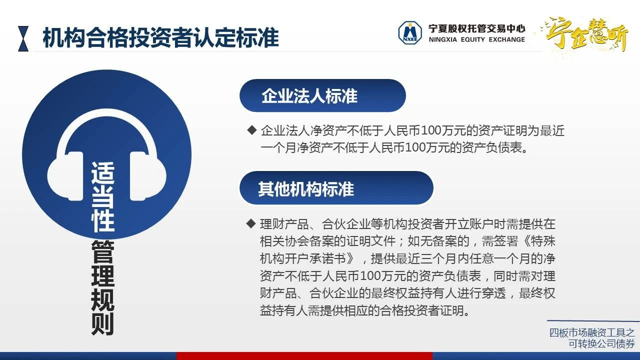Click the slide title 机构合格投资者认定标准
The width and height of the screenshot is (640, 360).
point(160,37)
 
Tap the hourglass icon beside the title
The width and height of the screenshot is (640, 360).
point(23,38)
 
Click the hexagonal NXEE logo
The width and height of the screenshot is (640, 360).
point(410,32)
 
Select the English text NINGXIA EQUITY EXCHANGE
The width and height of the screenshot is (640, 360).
point(476,39)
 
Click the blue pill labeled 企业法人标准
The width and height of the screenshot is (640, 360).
point(322,95)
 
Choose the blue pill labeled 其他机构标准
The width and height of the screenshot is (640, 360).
point(336,188)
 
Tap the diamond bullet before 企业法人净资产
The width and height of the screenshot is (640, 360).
point(251,130)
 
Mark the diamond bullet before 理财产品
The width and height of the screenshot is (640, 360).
point(251,223)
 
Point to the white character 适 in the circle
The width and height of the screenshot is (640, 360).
point(103,173)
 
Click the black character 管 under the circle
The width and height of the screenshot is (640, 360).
point(103,252)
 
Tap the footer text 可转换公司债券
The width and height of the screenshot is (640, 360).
point(601,343)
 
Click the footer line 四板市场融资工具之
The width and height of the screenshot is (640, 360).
point(592,332)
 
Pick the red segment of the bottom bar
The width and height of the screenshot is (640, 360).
point(304,356)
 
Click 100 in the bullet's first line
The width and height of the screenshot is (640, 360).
point(431,131)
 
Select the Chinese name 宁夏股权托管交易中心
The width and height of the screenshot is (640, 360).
point(476,28)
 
